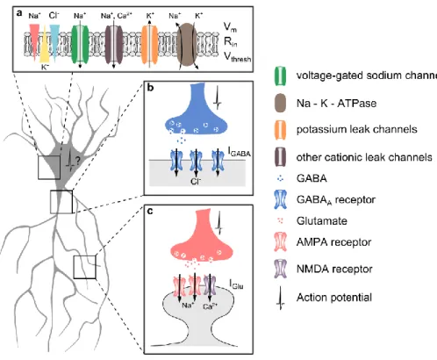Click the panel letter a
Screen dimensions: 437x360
19,13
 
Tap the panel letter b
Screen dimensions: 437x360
150,88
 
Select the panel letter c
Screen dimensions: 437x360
150,212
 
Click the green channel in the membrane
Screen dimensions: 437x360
80,43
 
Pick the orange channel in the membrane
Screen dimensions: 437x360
149,44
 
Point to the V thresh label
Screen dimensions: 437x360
237,56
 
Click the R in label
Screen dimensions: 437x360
231,42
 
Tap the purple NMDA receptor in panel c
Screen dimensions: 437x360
210,285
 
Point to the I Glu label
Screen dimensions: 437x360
236,284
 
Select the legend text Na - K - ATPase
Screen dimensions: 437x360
336,104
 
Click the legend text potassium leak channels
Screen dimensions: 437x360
357,129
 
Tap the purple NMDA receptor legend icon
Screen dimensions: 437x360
280,269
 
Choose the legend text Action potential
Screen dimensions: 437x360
334,298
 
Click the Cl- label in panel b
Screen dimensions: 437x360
195,181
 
